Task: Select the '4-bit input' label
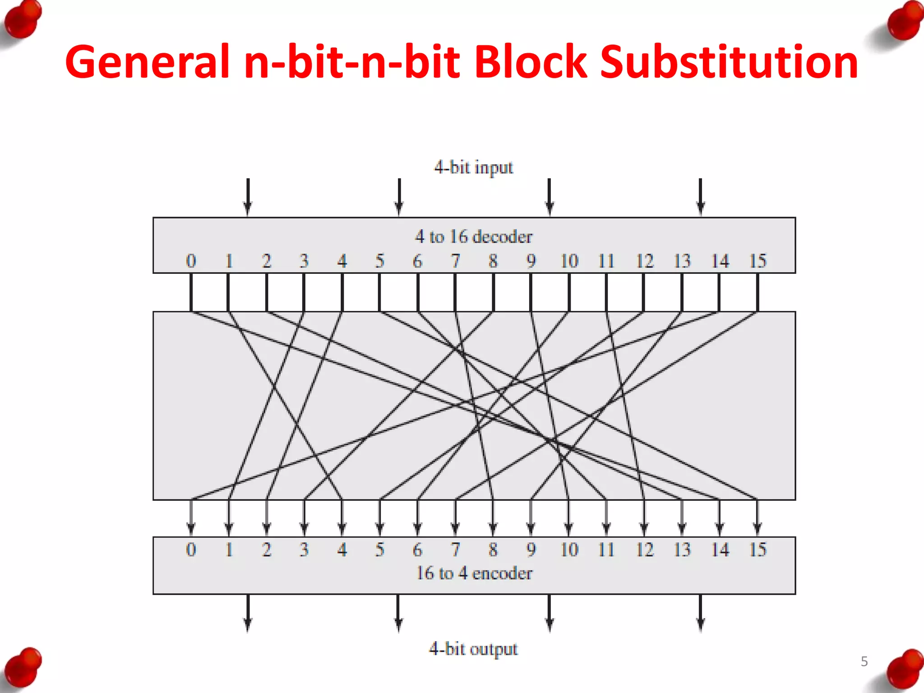tap(473, 167)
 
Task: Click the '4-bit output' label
tap(473, 649)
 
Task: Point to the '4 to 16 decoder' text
tap(473, 236)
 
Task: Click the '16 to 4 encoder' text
tap(474, 573)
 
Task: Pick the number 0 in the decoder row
tap(191, 261)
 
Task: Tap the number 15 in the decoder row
tap(758, 261)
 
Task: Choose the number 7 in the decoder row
tap(455, 261)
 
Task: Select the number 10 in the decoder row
tap(569, 261)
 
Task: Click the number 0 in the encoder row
tap(191, 550)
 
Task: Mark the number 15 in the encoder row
tap(758, 550)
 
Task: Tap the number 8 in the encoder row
tap(493, 550)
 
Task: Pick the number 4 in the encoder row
tap(342, 550)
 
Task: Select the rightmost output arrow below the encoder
tap(700, 614)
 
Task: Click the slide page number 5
tap(864, 661)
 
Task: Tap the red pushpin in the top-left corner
tap(23, 20)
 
